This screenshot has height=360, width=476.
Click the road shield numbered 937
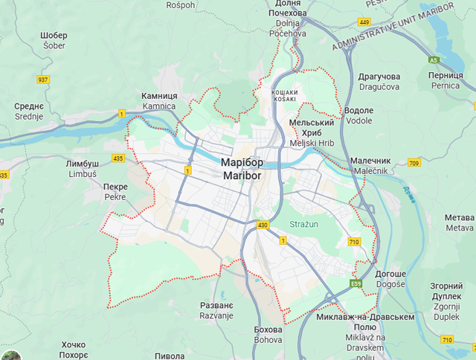(43, 80)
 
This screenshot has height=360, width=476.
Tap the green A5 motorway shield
(434, 60)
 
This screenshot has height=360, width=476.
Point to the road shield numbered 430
(263, 224)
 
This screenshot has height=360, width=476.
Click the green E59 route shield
(357, 284)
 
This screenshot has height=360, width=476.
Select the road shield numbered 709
(414, 163)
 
